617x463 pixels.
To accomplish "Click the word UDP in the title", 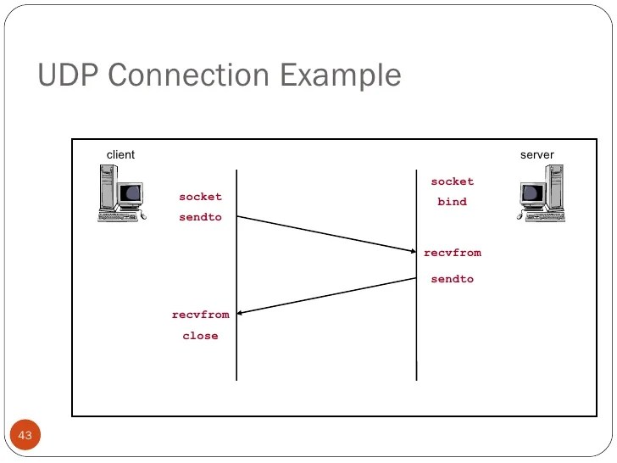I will tap(65, 75).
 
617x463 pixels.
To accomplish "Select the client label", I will tap(120, 154).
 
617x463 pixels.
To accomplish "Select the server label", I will tap(536, 154).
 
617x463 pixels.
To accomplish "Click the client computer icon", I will tap(120, 193).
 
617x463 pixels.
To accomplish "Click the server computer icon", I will tap(541, 193).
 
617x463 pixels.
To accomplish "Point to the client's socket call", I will tap(200, 197).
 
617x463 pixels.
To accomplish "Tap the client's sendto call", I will tap(200, 217).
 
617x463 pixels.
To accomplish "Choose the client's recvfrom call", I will tap(200, 315).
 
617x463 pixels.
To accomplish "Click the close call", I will tap(200, 336).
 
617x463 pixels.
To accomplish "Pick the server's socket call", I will tap(453, 181).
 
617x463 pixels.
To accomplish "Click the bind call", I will tap(452, 202).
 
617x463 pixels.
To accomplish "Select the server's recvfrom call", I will tap(453, 253).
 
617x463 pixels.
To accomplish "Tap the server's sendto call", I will tap(453, 279).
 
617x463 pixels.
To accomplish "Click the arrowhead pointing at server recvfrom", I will tap(410, 250).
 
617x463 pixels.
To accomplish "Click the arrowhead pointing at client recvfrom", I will tap(243, 314).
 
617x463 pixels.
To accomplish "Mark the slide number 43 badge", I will tap(25, 436).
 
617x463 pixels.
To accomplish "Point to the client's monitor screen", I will tap(130, 193).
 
